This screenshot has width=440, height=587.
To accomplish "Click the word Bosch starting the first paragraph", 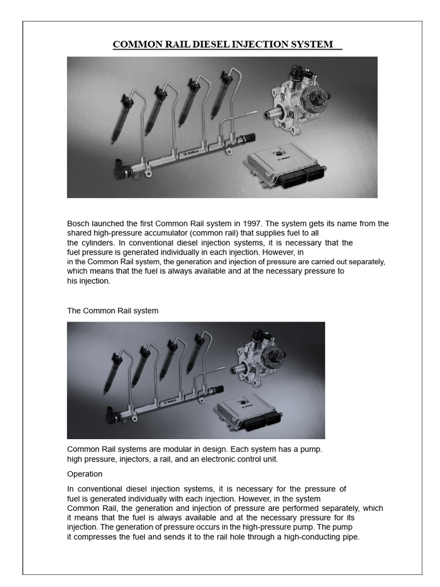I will click(x=78, y=224).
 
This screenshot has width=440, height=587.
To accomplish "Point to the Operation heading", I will click(x=85, y=474).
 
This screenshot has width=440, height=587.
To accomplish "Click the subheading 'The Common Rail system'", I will click(x=113, y=311).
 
